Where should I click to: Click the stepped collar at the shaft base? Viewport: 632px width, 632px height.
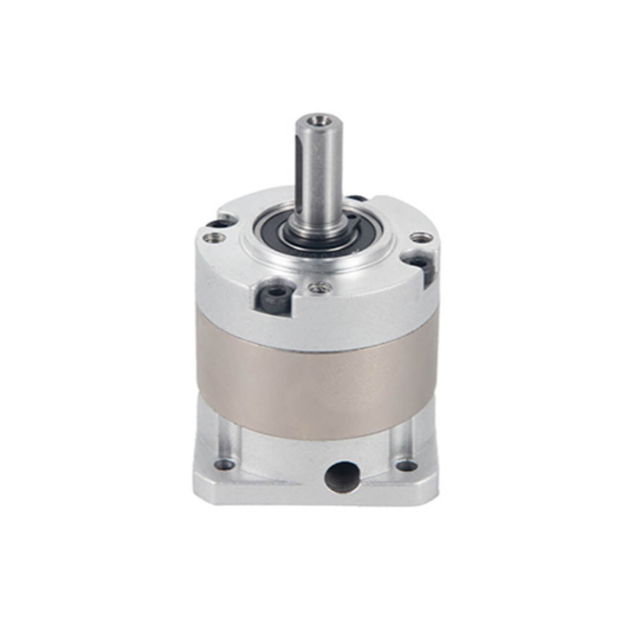[x=318, y=230]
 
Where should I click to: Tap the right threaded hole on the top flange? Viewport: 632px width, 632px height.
[x=421, y=237]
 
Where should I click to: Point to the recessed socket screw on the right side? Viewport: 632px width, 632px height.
[x=418, y=264]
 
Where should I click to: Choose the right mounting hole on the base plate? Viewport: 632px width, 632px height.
[x=405, y=465]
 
